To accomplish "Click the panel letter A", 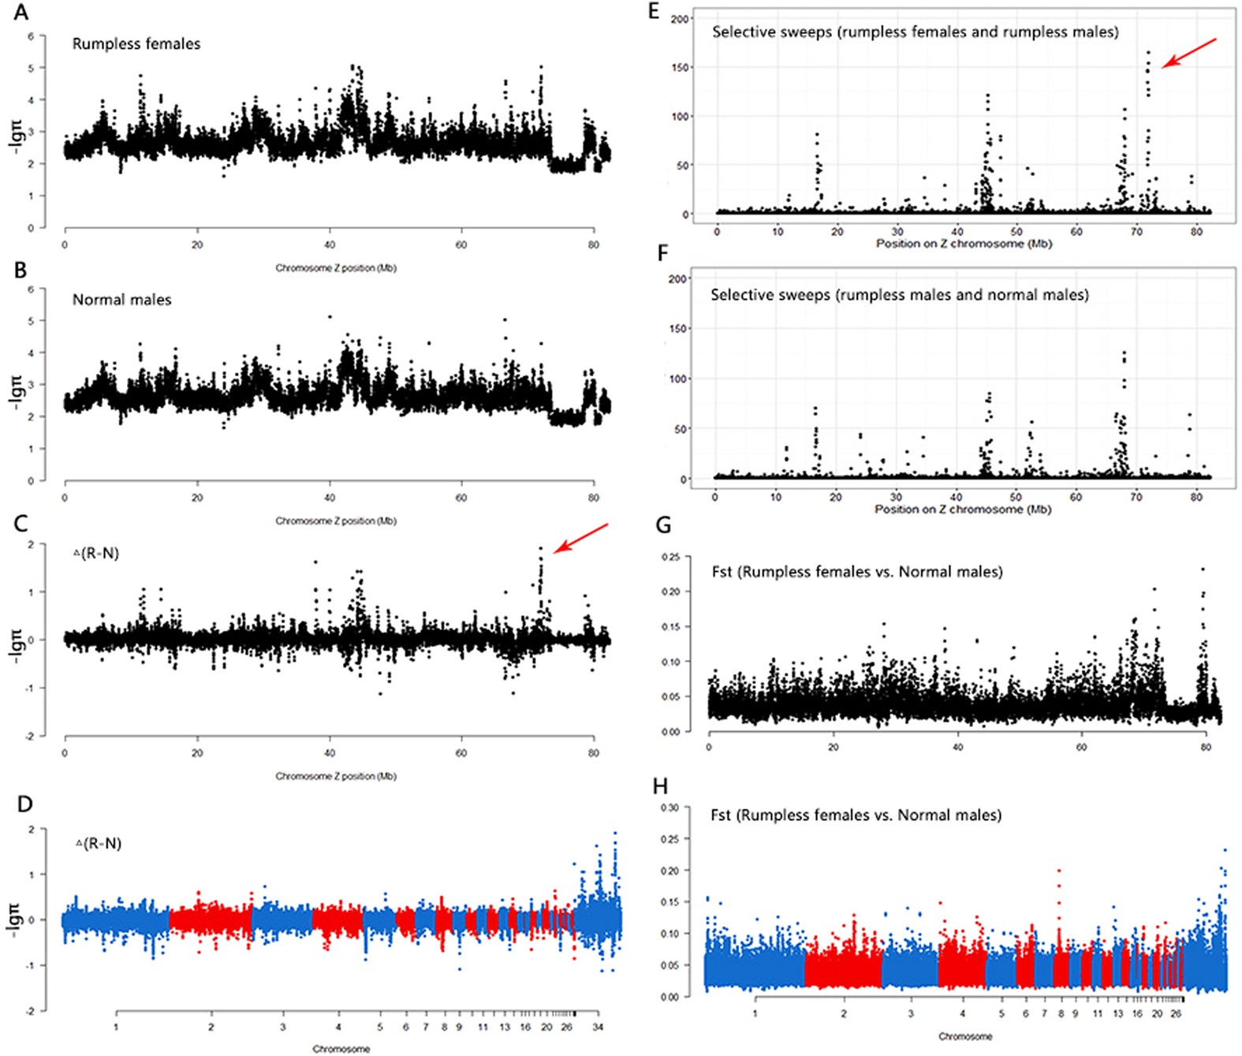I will point(21,13).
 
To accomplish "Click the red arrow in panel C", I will point(580,538).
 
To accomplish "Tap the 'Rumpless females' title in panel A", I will point(136,44).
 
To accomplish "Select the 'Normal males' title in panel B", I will point(121,300).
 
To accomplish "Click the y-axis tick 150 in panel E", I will point(680,68).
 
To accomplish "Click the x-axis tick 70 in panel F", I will point(1136,497).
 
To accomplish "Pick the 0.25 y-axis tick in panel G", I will point(670,557).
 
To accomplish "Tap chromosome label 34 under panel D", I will point(598,1027).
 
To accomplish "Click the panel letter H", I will point(661,786).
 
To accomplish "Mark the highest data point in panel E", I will point(1148,54).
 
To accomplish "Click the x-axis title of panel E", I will point(964,244).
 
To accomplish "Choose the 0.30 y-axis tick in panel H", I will point(669,808).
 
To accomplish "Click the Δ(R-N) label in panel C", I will point(96,554).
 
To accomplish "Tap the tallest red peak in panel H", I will point(1058,871).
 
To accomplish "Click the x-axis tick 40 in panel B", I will point(329,498).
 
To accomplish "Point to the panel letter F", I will point(662,253).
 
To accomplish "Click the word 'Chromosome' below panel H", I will point(965,1036).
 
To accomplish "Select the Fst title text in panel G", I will point(856,572).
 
